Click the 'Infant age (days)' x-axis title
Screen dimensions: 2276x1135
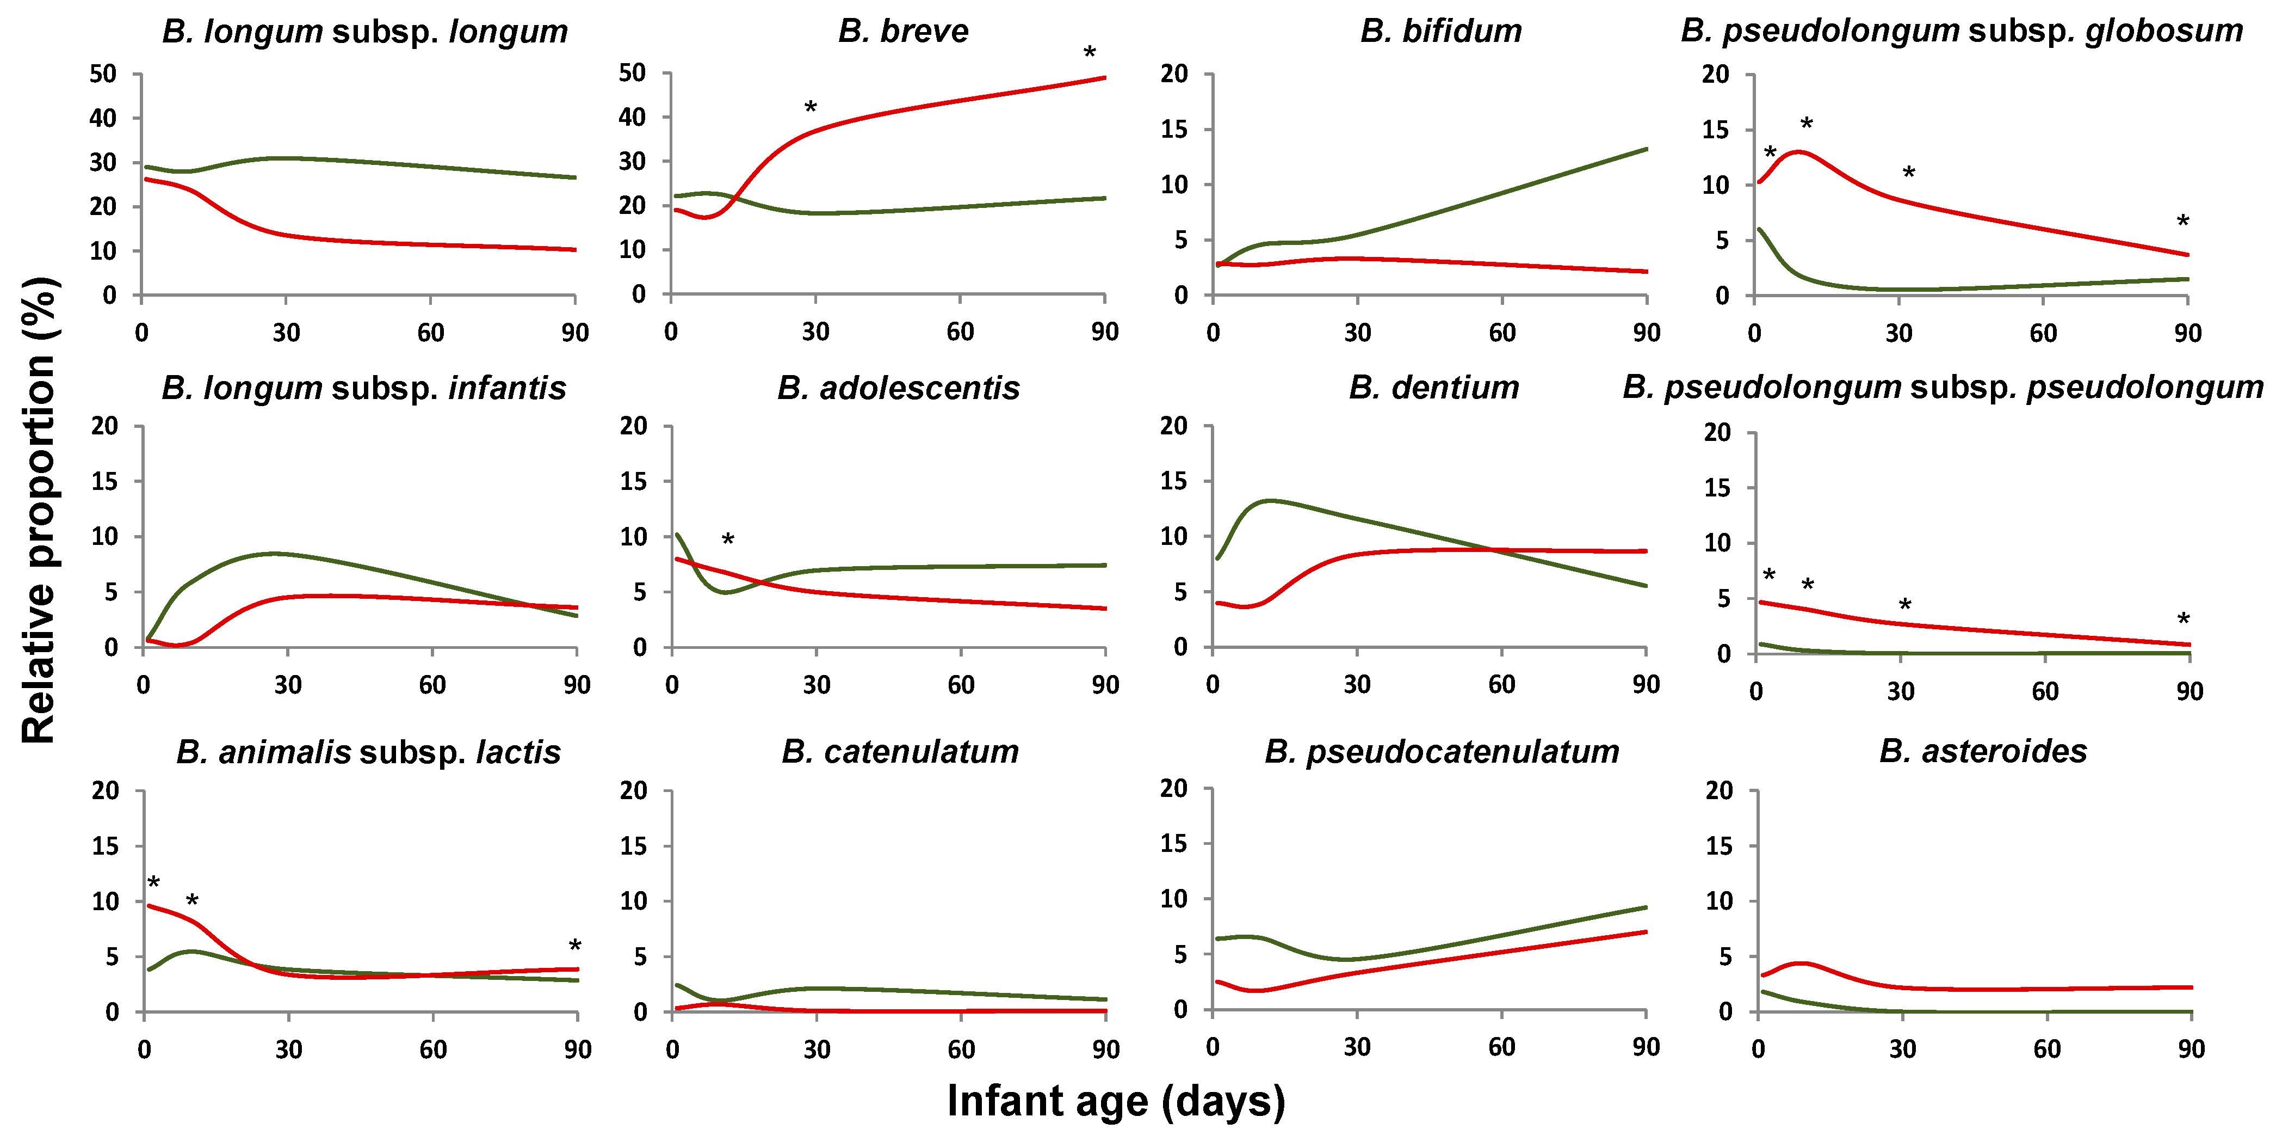pos(1116,1101)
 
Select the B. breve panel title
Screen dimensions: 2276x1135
pos(903,31)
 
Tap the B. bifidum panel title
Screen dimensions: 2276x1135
pos(1441,31)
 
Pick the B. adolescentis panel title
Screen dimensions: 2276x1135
pos(899,388)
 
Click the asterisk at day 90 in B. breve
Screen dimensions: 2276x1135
pos(1090,53)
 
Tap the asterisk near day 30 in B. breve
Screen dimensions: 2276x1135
pos(810,108)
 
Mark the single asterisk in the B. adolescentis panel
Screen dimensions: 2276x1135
pos(727,539)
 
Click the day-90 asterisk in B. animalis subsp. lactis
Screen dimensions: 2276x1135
pos(574,947)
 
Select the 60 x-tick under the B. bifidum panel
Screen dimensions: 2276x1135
pos(1502,333)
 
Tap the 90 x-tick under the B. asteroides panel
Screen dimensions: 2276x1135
pos(2191,1049)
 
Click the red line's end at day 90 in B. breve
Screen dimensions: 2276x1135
pos(1104,78)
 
